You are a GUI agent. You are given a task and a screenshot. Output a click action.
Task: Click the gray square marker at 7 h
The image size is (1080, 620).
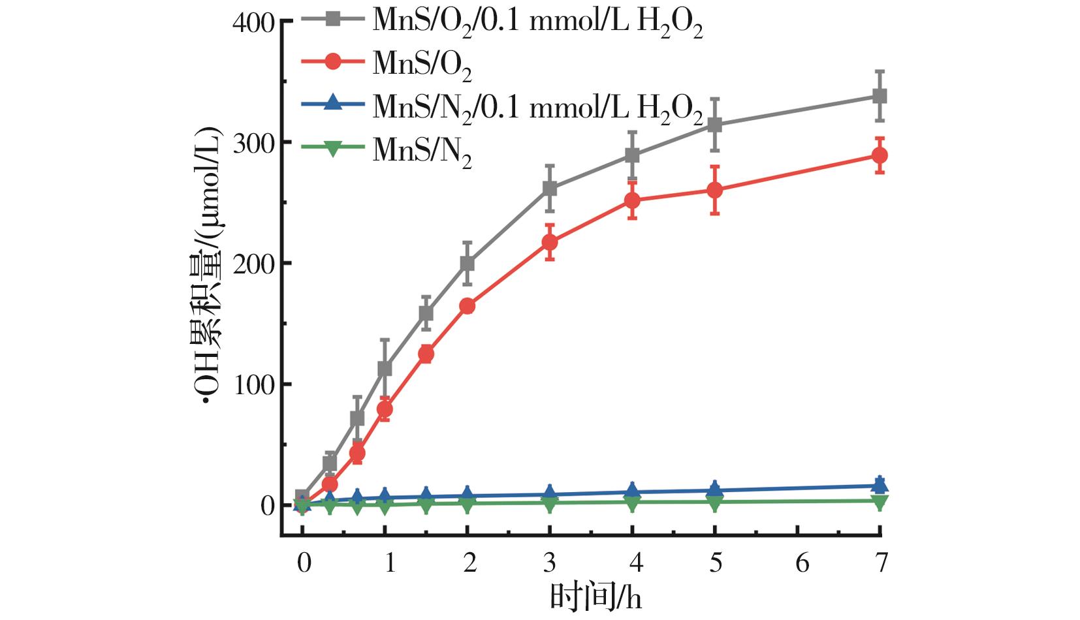point(880,97)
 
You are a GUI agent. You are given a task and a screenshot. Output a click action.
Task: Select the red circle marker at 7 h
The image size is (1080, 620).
point(880,155)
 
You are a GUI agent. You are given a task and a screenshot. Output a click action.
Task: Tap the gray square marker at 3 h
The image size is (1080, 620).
point(550,189)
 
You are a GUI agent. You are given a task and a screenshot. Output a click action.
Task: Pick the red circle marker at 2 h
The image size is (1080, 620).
point(468,306)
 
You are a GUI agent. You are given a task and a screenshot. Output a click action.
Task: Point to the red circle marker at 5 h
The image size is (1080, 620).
point(715,190)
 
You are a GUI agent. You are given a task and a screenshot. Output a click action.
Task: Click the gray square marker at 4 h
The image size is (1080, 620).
point(632,155)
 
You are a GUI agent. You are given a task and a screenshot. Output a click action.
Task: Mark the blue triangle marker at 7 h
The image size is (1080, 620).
point(880,484)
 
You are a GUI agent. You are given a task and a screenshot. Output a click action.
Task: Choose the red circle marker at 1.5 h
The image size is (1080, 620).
point(426,354)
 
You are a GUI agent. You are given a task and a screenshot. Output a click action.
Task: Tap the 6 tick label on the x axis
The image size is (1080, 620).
point(801,562)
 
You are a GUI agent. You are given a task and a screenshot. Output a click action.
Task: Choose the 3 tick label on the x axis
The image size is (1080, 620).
point(550,562)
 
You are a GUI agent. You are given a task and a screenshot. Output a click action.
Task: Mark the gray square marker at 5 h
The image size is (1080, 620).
point(715,125)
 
